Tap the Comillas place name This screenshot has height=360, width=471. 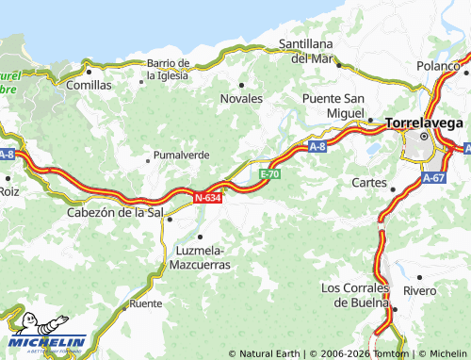(x=89, y=85)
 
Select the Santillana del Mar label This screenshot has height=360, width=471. (x=312, y=51)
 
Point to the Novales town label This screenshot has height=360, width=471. (x=241, y=99)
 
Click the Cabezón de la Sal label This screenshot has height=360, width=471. (x=116, y=213)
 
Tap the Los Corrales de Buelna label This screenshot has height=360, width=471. (x=355, y=295)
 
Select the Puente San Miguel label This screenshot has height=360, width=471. (x=333, y=106)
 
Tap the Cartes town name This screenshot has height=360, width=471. (x=368, y=182)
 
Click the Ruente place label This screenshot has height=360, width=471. (x=145, y=303)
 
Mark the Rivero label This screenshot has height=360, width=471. (x=419, y=290)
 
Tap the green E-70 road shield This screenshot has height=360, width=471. (x=269, y=174)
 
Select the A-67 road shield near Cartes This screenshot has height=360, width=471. (x=434, y=177)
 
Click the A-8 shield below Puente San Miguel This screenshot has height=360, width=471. (x=317, y=147)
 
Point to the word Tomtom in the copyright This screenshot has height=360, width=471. (x=387, y=353)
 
